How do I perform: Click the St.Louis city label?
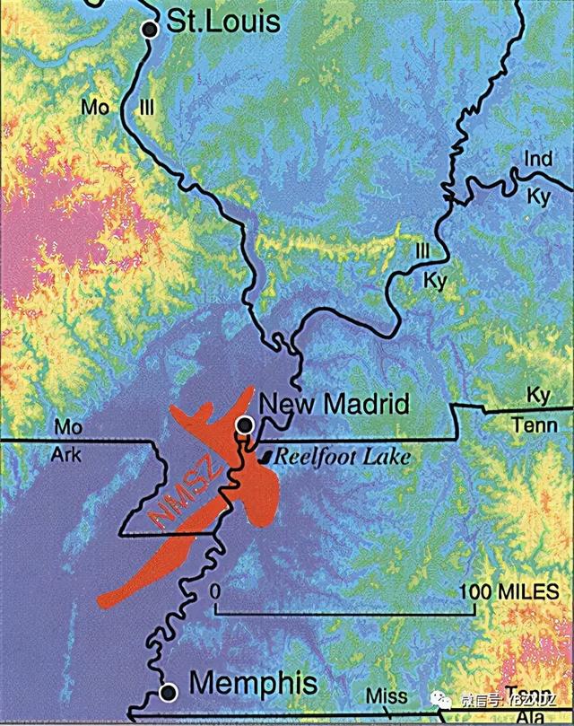tap(219, 22)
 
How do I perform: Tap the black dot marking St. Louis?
tap(151, 30)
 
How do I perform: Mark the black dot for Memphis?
tap(167, 691)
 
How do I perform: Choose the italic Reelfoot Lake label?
tap(342, 456)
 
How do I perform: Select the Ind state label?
tap(538, 160)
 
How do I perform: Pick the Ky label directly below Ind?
tap(538, 197)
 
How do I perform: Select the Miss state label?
tap(387, 697)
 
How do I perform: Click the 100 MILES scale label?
tap(509, 592)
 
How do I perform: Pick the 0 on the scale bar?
tap(215, 592)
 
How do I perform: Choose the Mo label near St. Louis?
tap(95, 108)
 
